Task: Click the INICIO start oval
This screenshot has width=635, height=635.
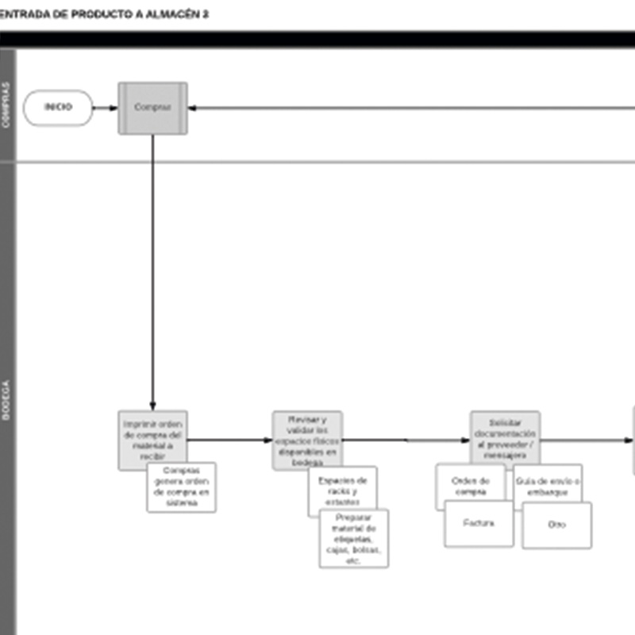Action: coord(58,107)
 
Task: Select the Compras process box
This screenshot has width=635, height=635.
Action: coord(152,108)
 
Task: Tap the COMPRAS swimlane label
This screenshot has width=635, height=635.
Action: coord(7,105)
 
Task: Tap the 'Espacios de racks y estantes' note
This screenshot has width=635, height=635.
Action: coord(342,491)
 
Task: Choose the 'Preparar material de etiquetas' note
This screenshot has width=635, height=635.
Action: coord(354,540)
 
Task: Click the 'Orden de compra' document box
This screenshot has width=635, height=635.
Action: coord(470,485)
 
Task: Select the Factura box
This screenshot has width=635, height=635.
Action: coord(479,523)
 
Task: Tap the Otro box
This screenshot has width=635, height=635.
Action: coord(556,525)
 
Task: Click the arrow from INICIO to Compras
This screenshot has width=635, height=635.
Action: coord(105,108)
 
